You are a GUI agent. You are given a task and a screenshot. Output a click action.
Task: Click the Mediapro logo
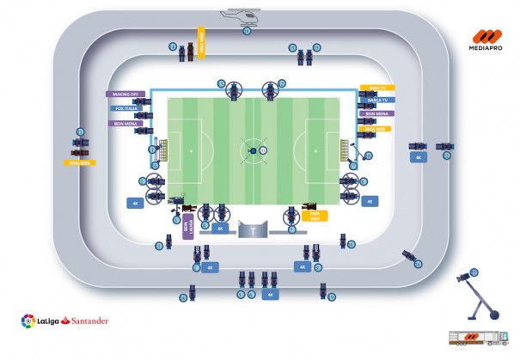click(488, 42)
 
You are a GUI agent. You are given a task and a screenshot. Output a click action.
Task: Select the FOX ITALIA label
click(125, 109)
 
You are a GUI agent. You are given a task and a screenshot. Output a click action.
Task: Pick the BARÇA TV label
click(378, 100)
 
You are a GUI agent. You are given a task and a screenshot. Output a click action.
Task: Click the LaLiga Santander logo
click(64, 320)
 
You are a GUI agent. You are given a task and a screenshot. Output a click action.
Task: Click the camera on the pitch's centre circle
click(251, 151)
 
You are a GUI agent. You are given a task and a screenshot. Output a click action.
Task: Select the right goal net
click(346, 149)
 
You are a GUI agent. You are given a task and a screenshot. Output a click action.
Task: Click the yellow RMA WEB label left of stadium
click(80, 162)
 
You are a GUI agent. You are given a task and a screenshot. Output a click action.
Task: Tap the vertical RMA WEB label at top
click(203, 45)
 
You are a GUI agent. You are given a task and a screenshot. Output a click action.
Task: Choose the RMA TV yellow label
click(376, 88)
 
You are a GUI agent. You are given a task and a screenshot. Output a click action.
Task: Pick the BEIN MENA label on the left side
click(125, 124)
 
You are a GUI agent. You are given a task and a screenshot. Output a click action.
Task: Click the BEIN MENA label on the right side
click(376, 113)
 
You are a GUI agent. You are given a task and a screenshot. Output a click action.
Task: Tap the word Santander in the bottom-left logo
click(83, 321)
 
